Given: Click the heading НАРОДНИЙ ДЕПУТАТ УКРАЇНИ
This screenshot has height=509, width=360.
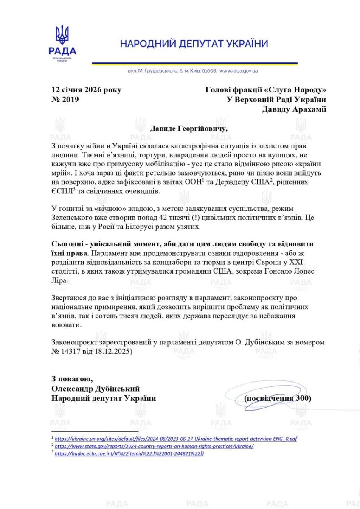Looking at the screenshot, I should (x=194, y=44).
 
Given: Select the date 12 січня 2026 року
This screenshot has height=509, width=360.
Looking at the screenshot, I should (x=86, y=89).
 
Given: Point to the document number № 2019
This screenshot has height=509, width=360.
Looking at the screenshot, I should (x=65, y=100).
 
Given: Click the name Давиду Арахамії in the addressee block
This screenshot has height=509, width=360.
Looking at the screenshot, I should (x=294, y=109).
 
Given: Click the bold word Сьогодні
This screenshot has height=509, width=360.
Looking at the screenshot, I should (x=69, y=245).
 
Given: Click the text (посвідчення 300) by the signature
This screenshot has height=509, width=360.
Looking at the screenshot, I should (x=278, y=398).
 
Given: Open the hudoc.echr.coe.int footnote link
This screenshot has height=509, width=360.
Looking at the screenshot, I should (x=129, y=453).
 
